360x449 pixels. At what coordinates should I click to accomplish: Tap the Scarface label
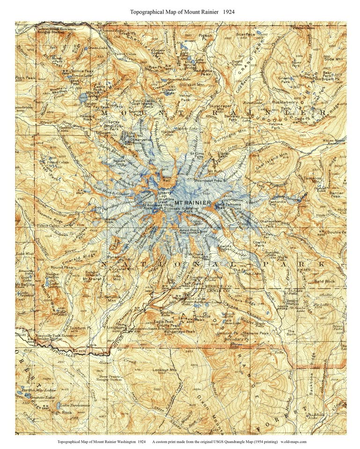pyautogui.click(x=245, y=34)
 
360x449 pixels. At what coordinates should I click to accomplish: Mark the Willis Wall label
pyautogui.click(x=167, y=178)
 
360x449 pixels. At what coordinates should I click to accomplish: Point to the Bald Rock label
pyautogui.click(x=324, y=282)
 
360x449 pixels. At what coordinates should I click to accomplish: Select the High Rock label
pyautogui.click(x=61, y=413)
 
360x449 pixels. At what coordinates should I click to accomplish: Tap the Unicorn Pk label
pyautogui.click(x=234, y=333)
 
